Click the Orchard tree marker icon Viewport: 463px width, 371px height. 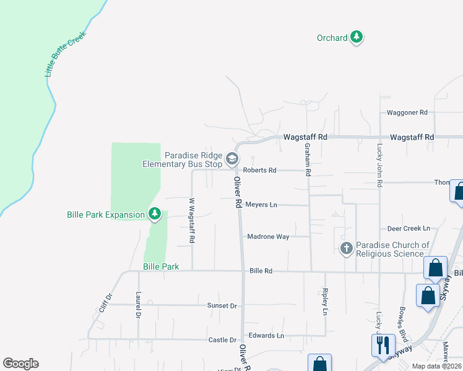click(x=356, y=38)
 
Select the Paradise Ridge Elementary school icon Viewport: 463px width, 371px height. click(x=232, y=160)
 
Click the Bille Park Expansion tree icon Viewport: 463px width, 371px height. click(x=155, y=215)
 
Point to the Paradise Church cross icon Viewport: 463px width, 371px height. click(x=347, y=249)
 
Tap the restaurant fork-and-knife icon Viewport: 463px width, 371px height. click(x=383, y=344)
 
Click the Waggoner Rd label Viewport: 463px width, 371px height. click(x=407, y=113)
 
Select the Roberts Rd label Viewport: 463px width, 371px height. click(x=259, y=170)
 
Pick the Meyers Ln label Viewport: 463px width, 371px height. click(x=261, y=205)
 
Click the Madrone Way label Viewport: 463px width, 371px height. click(x=268, y=236)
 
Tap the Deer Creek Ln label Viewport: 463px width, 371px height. click(x=408, y=228)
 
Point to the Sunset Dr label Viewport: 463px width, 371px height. click(x=222, y=305)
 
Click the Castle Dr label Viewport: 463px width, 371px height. click(x=222, y=340)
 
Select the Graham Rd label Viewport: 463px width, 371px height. click(x=307, y=160)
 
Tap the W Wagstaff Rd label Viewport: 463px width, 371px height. click(x=192, y=220)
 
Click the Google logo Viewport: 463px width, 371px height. click(x=20, y=364)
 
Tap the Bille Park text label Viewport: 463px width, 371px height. click(x=161, y=267)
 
